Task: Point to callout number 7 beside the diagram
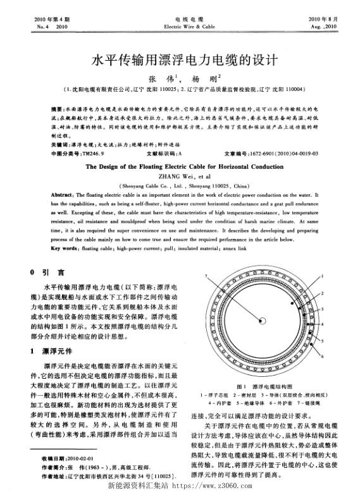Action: (208, 276)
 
